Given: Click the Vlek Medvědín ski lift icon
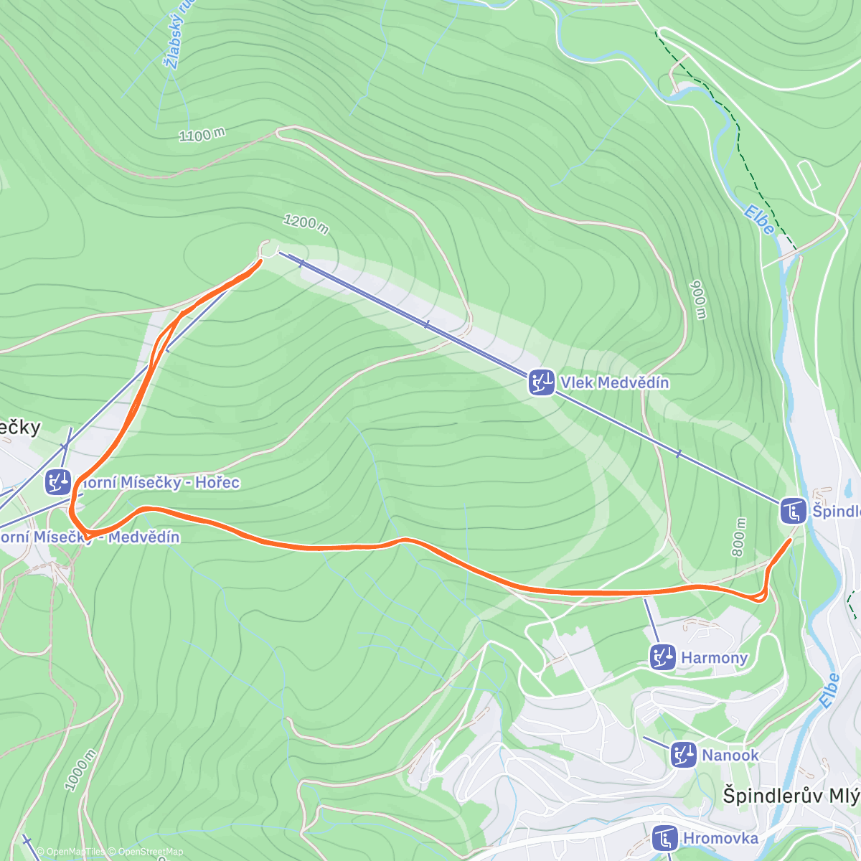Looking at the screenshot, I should point(541,382).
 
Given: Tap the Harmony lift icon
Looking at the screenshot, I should point(662,657).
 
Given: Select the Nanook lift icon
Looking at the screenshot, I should point(683,755).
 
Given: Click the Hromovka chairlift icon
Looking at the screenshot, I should point(664,838).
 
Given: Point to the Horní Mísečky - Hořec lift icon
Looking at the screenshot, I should point(58,482).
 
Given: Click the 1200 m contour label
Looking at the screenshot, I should point(306,224).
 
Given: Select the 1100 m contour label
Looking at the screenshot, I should point(202,134).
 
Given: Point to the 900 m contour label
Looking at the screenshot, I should point(698,299).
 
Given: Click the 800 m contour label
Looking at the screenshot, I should point(739,537).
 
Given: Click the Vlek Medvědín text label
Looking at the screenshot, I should point(615,382).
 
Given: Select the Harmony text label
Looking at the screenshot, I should point(714,657).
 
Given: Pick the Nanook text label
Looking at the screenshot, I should point(730,755).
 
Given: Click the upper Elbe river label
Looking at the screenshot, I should point(758,220).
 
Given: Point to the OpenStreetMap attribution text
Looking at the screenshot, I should point(151,852).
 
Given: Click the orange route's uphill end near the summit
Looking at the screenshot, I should point(259,261).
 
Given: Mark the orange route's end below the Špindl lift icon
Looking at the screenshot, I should point(791,540).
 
